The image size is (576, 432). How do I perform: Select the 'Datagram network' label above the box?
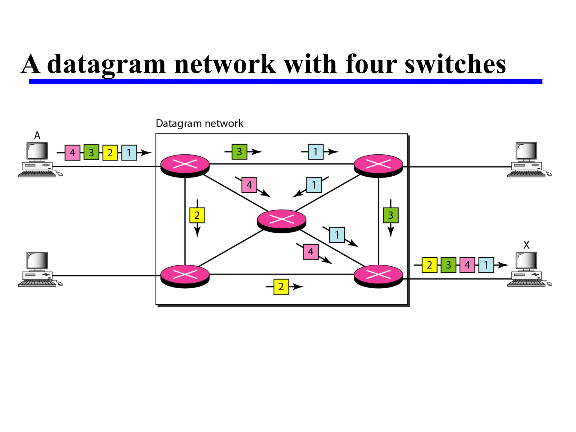tap(199, 123)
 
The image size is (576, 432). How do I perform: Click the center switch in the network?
tap(282, 220)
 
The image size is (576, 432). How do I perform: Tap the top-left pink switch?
tap(185, 165)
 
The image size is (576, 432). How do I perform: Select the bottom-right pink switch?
tap(378, 276)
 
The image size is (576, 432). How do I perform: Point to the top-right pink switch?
tap(378, 165)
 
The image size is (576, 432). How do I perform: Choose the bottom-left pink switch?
tap(185, 276)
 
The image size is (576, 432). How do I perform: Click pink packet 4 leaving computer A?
tap(72, 153)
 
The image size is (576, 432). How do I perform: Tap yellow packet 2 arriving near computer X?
tap(429, 265)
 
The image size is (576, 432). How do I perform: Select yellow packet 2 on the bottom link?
tap(281, 287)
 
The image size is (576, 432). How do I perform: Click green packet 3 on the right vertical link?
tap(391, 215)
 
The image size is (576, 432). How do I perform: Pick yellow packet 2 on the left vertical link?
tap(197, 215)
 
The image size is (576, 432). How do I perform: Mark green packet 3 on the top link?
tap(239, 152)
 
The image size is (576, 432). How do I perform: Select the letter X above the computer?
tap(526, 245)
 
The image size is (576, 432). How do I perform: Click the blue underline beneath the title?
tap(285, 82)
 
